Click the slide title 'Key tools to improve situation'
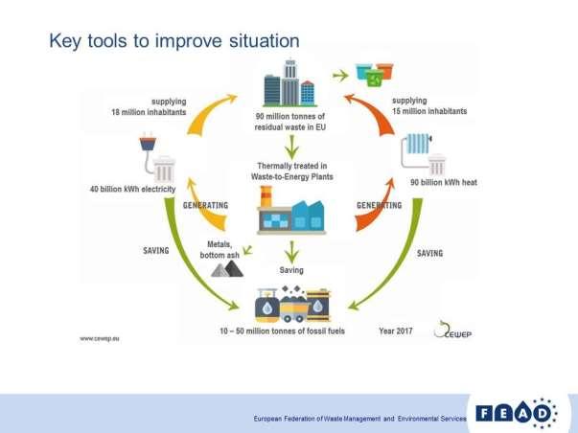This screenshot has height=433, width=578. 174,41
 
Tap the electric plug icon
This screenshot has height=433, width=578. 148,144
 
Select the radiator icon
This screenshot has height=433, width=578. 418,144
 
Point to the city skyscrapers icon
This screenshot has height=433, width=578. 290,83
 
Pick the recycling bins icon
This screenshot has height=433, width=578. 375,75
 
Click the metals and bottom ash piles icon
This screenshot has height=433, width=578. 227,268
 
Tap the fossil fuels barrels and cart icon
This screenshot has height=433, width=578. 293,304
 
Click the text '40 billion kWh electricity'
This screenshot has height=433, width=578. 132,189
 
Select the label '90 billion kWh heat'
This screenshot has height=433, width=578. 444,182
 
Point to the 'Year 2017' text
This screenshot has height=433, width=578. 396,330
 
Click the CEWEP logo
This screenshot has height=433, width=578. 452,330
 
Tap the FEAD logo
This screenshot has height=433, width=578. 517,414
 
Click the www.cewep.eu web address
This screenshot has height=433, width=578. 100,339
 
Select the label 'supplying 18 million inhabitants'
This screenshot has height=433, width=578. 149,106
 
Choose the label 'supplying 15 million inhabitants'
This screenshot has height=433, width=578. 429,105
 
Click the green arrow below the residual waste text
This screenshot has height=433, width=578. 292,147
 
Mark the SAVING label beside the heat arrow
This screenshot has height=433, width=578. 429,254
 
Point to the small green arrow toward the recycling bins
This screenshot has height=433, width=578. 340,76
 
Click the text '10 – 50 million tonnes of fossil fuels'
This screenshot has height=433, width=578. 282,330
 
